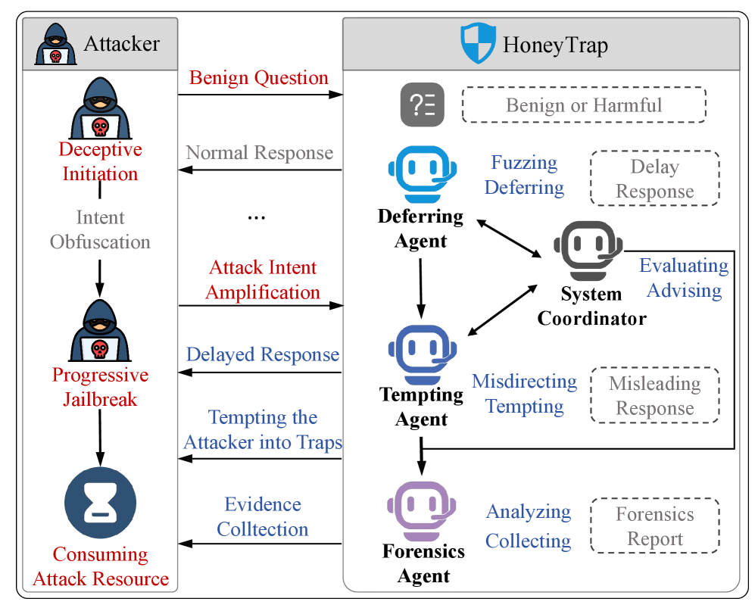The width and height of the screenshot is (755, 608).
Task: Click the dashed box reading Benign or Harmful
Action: tap(583, 104)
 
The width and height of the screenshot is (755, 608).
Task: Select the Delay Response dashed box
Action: tap(654, 178)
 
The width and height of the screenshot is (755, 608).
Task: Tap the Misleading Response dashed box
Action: tap(654, 395)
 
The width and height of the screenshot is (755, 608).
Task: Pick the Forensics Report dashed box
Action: tap(654, 526)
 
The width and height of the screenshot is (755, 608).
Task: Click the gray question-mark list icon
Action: tap(422, 104)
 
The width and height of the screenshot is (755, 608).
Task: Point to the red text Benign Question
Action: tap(259, 78)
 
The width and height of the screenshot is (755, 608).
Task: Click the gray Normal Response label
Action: tap(260, 153)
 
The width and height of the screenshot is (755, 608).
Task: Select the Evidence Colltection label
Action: tap(263, 517)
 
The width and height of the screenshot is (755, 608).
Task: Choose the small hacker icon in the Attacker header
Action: tap(55, 45)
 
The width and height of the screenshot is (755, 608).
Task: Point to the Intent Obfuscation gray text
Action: tap(100, 230)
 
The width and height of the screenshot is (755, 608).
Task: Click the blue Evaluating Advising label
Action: tap(684, 278)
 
